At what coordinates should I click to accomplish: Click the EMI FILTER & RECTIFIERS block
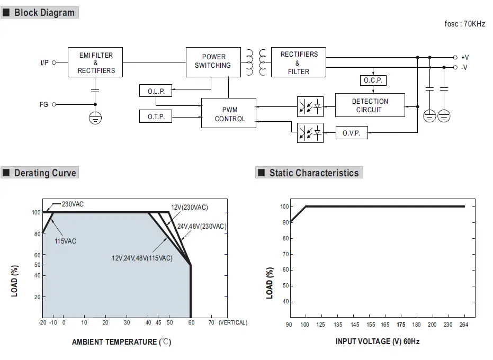coord(96,63)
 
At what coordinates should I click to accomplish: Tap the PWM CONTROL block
coord(229,113)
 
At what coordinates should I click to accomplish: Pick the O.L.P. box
coord(156,91)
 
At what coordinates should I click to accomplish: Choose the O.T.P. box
coord(156,116)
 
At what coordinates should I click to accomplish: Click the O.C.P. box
coord(373,80)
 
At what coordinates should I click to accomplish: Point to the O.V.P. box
coord(351,133)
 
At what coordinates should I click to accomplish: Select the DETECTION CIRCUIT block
coord(370,105)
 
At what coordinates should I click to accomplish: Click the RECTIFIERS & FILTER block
coord(299,62)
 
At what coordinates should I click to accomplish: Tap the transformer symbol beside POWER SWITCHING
coord(256,62)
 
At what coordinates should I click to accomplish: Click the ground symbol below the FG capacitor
coord(95,118)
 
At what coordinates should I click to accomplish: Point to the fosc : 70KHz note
coord(464,24)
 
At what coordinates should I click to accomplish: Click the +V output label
coord(464,57)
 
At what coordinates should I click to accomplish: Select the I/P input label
coord(44,62)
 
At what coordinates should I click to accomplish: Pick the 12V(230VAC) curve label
coord(189,207)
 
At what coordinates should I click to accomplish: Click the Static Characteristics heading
coord(313,173)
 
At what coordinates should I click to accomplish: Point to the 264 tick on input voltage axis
coord(464,325)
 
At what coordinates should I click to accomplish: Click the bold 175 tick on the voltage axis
coord(401,325)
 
